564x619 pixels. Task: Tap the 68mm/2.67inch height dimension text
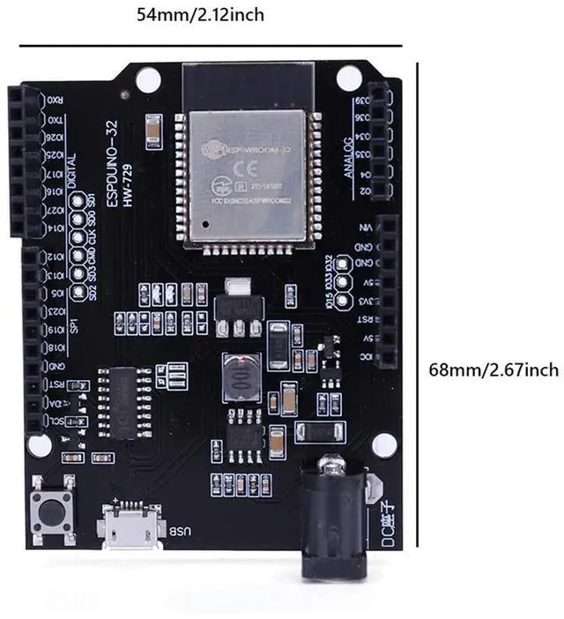pyautogui.click(x=493, y=369)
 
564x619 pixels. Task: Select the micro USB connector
pyautogui.click(x=132, y=526)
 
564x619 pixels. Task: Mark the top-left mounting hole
pyautogui.click(x=148, y=79)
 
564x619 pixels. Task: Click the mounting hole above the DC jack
pyautogui.click(x=382, y=444)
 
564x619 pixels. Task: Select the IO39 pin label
pyautogui.click(x=363, y=96)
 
